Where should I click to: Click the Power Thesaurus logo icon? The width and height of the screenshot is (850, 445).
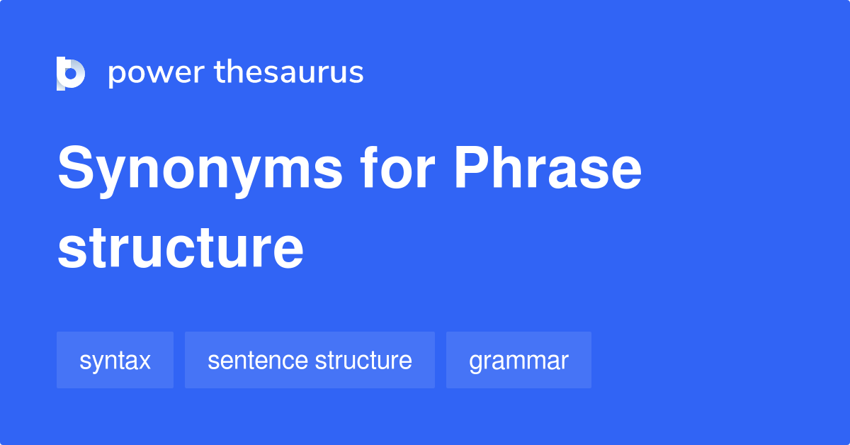[71, 73]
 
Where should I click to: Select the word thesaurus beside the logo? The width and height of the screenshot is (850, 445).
[289, 73]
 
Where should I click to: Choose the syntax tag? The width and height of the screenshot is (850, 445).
[115, 361]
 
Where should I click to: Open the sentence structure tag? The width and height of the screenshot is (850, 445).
[310, 361]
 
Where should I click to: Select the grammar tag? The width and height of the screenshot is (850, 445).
[518, 361]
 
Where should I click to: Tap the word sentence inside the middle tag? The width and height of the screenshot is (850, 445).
[257, 361]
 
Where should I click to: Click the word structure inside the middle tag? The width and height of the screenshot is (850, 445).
[363, 361]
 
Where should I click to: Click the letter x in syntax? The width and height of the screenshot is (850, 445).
[144, 361]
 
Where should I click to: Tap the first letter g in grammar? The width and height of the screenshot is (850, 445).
[475, 363]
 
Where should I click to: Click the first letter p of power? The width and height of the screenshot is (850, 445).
[116, 75]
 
